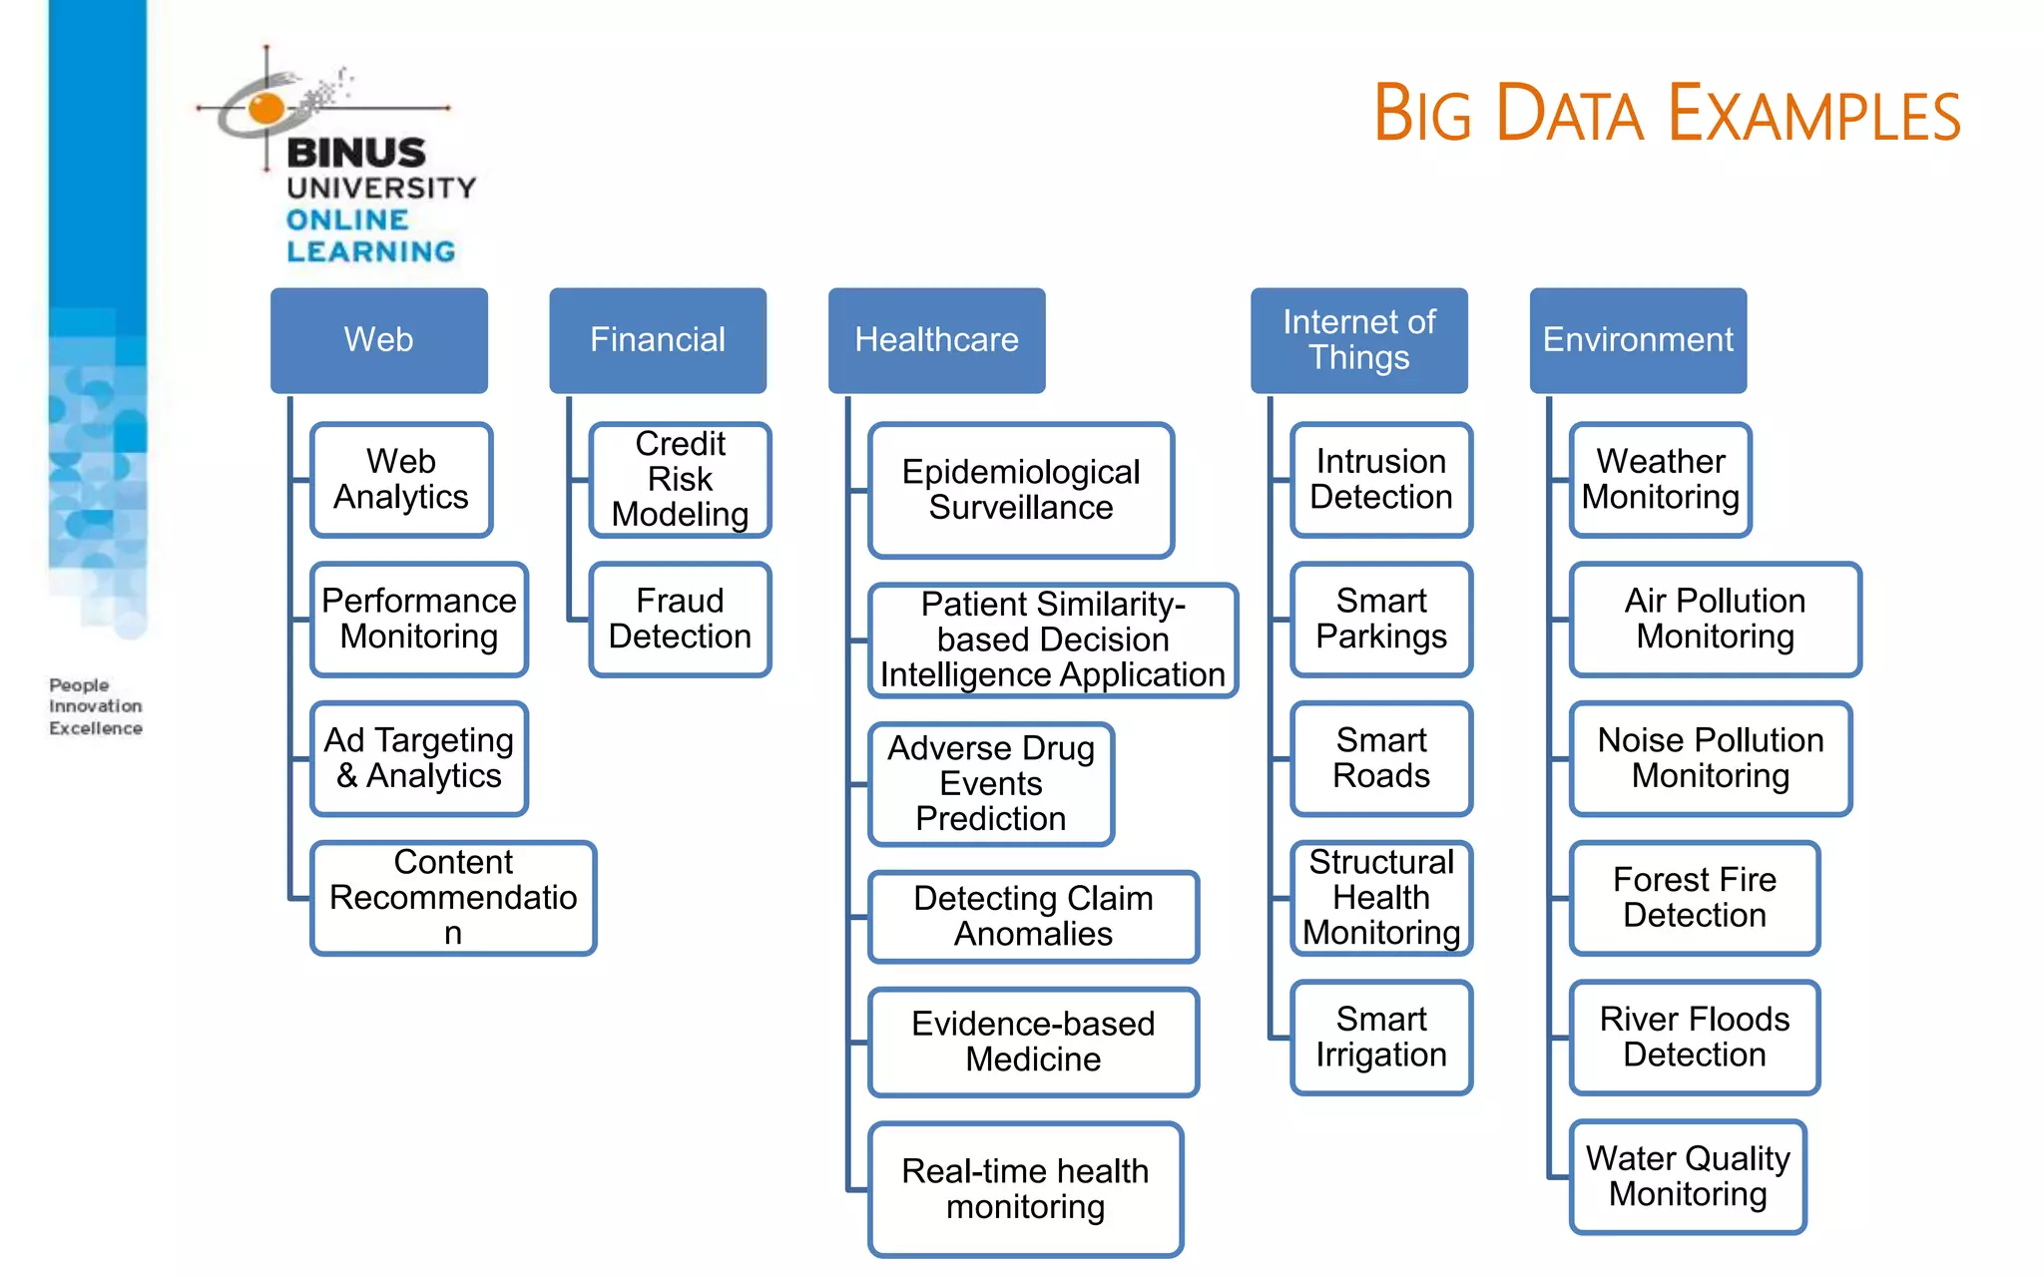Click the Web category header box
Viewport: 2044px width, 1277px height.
coord(378,340)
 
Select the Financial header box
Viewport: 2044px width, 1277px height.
coord(658,340)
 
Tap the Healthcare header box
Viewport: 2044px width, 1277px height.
coord(936,340)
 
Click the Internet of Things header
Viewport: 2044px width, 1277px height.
coord(1358,340)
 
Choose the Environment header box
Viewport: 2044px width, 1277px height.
coord(1638,340)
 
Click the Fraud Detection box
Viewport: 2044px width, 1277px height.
coord(680,620)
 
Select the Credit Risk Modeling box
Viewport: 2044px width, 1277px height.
coord(680,480)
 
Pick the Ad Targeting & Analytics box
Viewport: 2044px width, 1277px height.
coord(419,758)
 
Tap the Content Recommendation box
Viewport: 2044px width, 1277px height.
coord(453,898)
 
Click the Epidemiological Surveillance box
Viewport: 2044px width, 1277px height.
coord(1020,490)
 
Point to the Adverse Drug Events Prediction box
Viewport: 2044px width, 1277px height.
coord(990,784)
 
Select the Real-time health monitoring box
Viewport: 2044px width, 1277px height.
coord(1025,1189)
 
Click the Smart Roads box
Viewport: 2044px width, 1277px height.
coord(1381,758)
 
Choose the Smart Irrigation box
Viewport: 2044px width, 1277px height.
coord(1381,1038)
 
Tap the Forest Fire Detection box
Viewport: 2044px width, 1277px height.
coord(1695,898)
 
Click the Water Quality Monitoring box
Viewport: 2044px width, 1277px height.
coord(1688,1177)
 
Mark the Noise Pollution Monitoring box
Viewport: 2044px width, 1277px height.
coord(1711,758)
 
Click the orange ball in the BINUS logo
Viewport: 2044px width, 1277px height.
coord(266,108)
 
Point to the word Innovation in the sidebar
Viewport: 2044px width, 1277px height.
coord(96,706)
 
